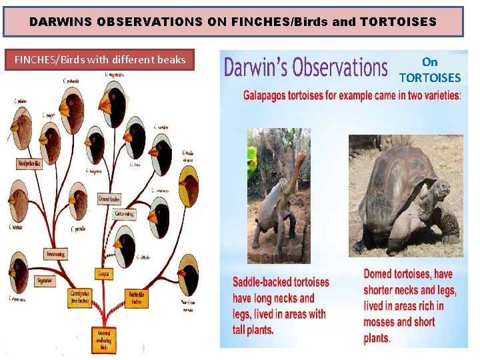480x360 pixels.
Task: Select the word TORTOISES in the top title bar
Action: pyautogui.click(x=397, y=21)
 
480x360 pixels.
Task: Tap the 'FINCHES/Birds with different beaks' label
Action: pyautogui.click(x=100, y=60)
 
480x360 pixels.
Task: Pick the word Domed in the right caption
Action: pyautogui.click(x=379, y=274)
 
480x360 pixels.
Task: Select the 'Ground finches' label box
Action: pyautogui.click(x=109, y=199)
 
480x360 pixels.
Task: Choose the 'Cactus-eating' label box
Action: pyautogui.click(x=125, y=214)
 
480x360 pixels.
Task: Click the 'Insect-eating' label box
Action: pyautogui.click(x=55, y=254)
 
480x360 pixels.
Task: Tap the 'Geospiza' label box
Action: pyautogui.click(x=104, y=274)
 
